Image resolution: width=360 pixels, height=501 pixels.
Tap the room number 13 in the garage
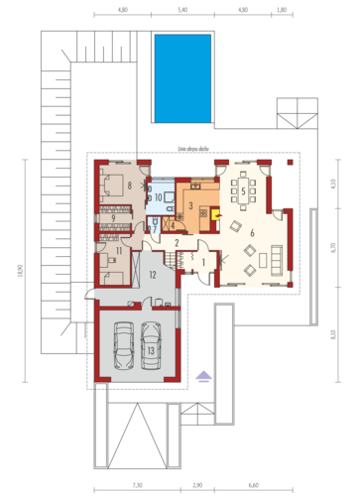point(151,350)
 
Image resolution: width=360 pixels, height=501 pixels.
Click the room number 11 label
point(118,251)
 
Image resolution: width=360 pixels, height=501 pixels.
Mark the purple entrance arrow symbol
point(203,375)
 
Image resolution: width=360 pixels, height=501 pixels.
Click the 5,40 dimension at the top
point(181,9)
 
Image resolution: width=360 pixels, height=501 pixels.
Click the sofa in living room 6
point(274,260)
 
